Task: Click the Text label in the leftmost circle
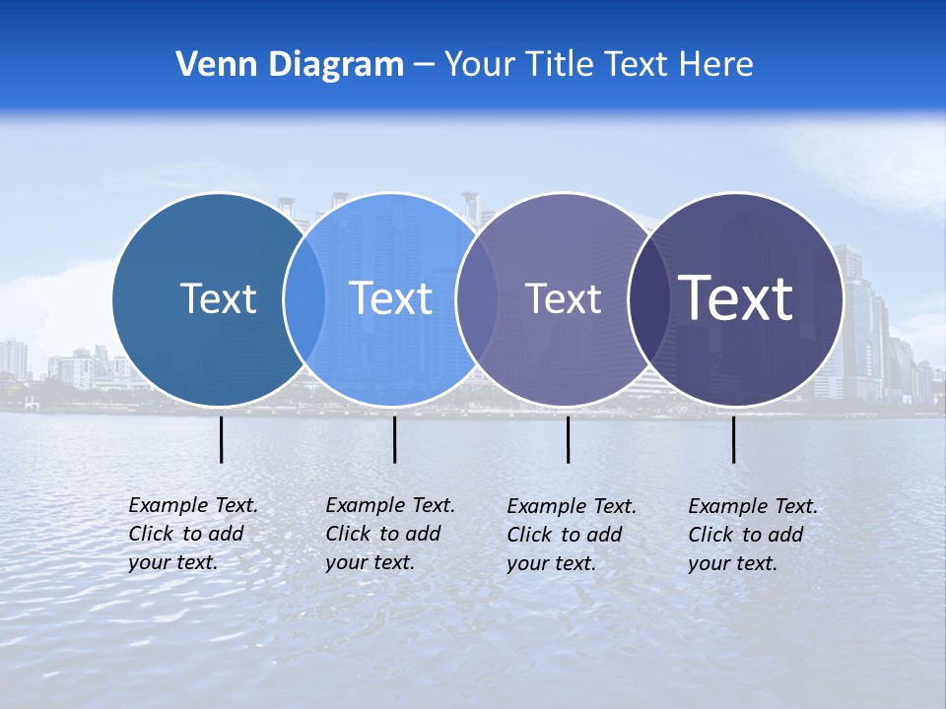coord(218,298)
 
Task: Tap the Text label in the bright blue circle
coord(391,298)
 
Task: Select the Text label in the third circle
coord(563,298)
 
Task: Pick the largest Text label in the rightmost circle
coord(736,298)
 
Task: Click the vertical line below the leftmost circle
coord(221,439)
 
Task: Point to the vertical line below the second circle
coord(394,439)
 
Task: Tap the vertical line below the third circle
coord(568,439)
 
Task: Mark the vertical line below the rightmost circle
coord(733,439)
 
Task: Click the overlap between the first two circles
coord(304,298)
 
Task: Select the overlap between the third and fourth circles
coord(648,298)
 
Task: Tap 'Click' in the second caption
coord(347,534)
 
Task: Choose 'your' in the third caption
coord(526,563)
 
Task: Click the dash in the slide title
coord(424,65)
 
